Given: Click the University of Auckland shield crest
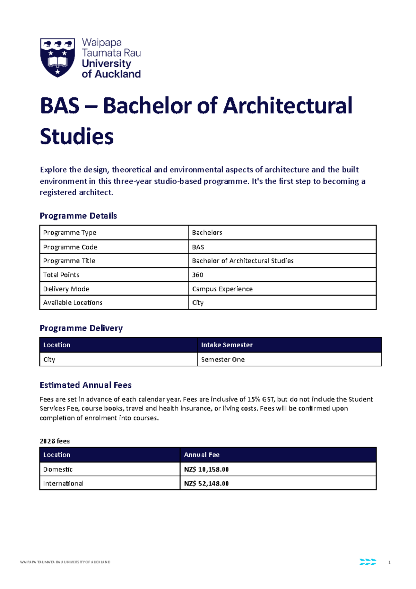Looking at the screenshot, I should pos(58,57).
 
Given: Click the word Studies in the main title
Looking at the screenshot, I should pos(77,136).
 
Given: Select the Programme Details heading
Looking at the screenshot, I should pos(78,216).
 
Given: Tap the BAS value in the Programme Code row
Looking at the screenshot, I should pos(198,247).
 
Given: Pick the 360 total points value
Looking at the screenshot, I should pos(198,275).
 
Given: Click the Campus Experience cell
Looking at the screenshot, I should pos(222,289).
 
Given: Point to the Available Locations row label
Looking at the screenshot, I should pos(73,302).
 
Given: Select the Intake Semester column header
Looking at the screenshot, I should pos(227,345).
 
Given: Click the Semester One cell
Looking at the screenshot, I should pos(223,359).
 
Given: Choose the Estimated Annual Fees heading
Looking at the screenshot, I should pos(86,385).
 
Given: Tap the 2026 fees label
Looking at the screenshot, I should pos(55,441).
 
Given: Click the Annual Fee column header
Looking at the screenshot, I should pos(202,455).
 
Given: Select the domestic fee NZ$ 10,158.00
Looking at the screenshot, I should pos(206,469).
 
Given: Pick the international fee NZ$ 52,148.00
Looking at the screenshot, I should pos(206,483).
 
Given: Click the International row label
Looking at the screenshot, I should pos(63,483).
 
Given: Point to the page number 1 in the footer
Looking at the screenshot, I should pos(390,562).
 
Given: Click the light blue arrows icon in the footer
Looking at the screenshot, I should pos(368,562).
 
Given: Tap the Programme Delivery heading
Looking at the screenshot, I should pos(81,328).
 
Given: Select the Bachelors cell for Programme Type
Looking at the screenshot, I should pos(207,232).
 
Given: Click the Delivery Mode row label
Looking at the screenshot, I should pos(66,289).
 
